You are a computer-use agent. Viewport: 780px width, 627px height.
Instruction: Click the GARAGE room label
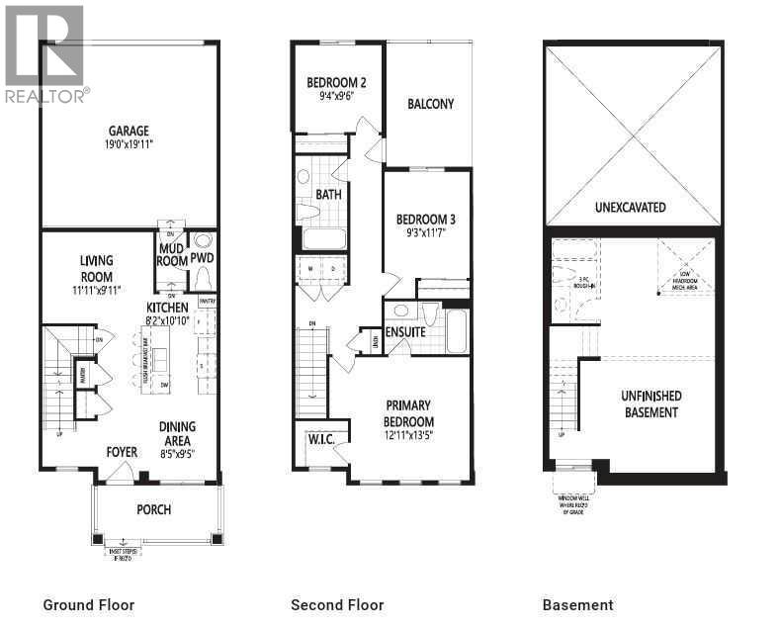click(129, 130)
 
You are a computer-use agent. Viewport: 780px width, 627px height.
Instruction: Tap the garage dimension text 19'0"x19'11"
click(129, 144)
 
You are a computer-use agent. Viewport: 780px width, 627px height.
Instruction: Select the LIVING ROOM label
click(97, 269)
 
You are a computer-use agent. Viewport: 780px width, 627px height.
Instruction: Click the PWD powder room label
click(203, 259)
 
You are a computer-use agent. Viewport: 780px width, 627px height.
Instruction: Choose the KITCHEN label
click(168, 308)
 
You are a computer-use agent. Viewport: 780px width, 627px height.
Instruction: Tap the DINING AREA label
click(178, 433)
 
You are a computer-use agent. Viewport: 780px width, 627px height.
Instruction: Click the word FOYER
click(123, 453)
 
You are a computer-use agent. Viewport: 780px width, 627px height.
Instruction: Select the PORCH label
click(154, 510)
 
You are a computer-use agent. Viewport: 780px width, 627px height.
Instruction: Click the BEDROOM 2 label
click(336, 83)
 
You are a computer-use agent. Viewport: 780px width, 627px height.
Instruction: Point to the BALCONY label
click(430, 104)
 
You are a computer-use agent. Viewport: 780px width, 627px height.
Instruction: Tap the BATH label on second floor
click(329, 195)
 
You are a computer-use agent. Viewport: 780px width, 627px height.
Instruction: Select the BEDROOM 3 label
click(426, 220)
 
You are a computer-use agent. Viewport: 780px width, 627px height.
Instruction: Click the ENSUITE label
click(405, 332)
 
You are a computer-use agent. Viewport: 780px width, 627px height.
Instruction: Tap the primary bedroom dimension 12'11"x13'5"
click(409, 433)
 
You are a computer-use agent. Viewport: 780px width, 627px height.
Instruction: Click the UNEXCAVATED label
click(630, 208)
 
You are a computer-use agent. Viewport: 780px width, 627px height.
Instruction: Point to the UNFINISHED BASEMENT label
click(650, 403)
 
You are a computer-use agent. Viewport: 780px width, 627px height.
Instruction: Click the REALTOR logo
click(45, 53)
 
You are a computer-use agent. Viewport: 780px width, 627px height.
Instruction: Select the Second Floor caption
click(337, 605)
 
